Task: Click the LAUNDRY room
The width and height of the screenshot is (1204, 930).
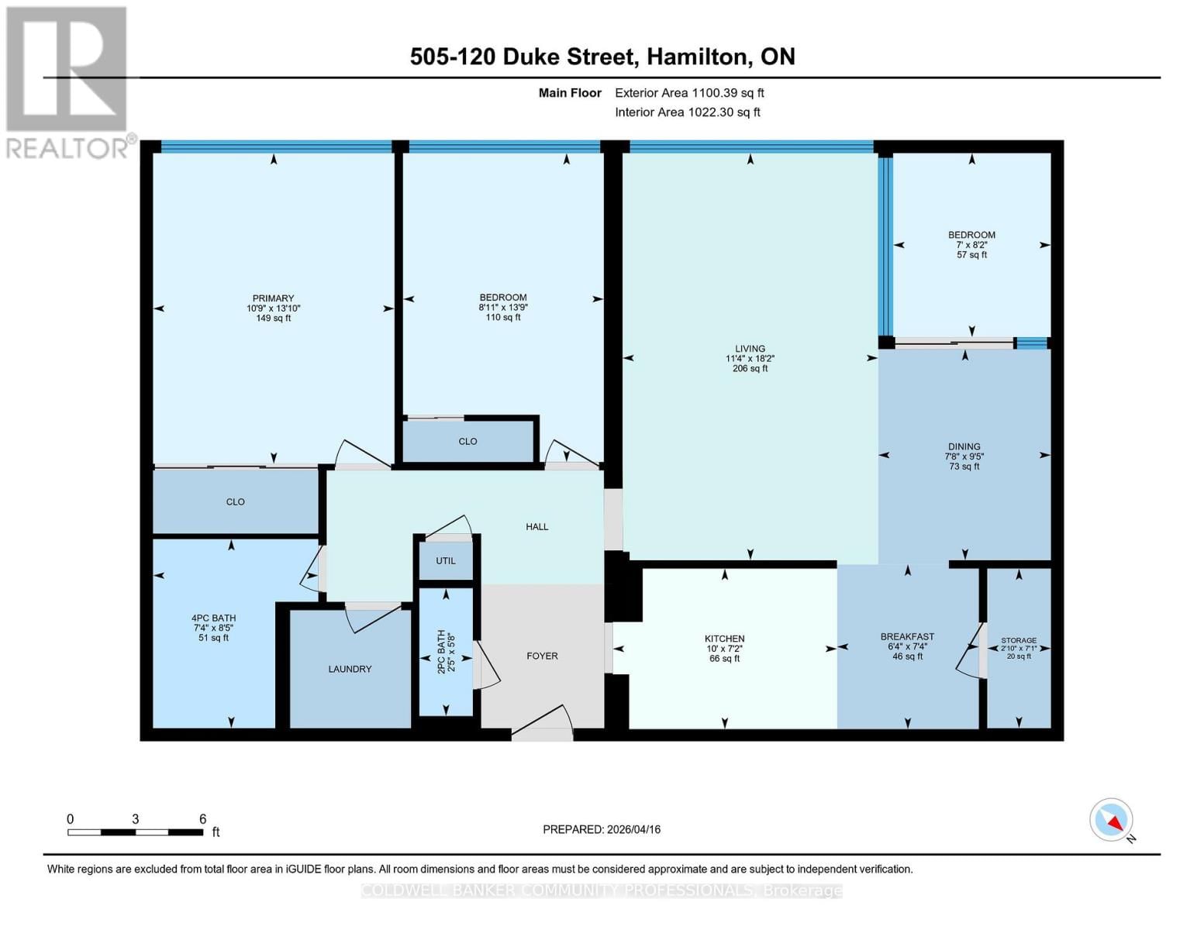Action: click(x=350, y=669)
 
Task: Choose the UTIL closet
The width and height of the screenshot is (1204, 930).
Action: click(x=446, y=560)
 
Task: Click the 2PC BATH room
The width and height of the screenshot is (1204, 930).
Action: click(x=446, y=651)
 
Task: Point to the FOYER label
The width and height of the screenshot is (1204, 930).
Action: click(x=542, y=656)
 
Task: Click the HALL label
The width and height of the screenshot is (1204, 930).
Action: click(x=536, y=526)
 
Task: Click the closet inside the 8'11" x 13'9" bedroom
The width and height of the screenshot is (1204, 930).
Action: click(x=468, y=441)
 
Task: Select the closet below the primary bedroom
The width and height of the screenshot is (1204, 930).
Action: click(x=236, y=501)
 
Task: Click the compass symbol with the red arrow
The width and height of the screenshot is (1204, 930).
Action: click(x=1112, y=820)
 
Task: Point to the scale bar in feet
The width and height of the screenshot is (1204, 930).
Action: click(x=136, y=832)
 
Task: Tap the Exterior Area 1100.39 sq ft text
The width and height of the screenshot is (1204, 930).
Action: click(x=689, y=92)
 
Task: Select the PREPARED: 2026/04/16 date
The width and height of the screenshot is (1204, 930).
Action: click(x=602, y=829)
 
